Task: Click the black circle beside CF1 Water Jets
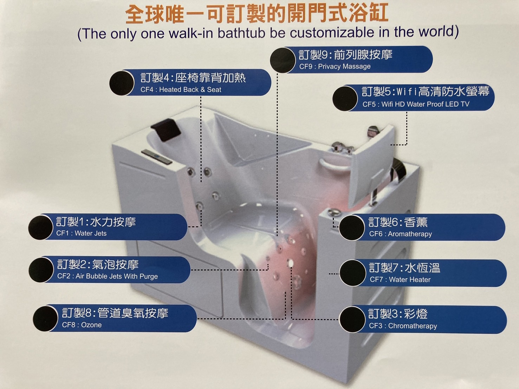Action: [41, 227]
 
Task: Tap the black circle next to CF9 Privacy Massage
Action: [283, 60]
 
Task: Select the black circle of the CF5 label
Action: [345, 99]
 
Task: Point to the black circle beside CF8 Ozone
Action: [45, 319]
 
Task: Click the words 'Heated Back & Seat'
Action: [190, 90]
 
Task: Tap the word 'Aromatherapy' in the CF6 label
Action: [410, 234]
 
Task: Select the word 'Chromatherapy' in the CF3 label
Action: [413, 326]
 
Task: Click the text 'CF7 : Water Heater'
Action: [400, 280]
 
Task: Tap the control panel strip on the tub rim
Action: [156, 157]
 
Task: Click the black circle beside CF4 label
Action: [122, 83]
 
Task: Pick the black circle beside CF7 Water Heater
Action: [352, 273]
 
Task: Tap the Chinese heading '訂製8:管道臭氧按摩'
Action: [115, 313]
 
